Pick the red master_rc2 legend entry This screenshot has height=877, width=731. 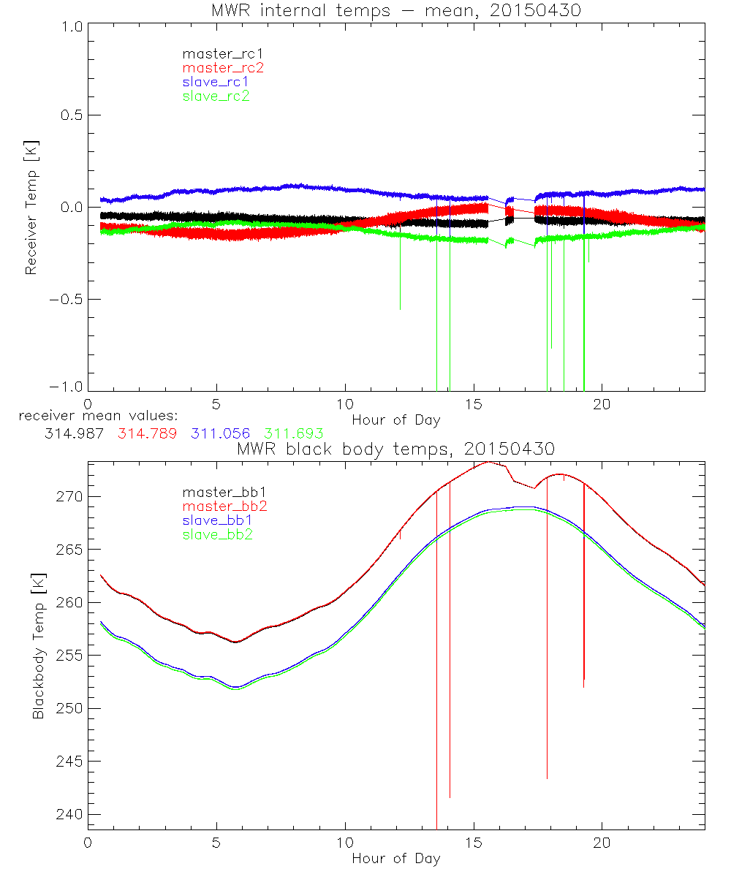click(222, 67)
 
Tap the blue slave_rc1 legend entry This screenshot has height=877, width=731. click(216, 82)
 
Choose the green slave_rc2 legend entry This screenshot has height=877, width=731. click(216, 96)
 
